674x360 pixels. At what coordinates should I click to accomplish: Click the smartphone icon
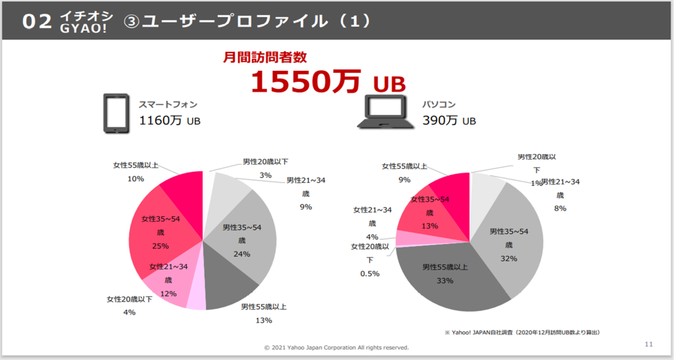click(x=117, y=113)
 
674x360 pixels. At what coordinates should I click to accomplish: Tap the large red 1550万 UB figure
click(x=327, y=82)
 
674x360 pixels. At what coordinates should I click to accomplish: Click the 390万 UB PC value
click(x=449, y=121)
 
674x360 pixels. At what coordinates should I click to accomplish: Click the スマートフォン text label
click(x=168, y=104)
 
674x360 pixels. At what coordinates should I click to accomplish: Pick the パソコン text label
click(x=439, y=104)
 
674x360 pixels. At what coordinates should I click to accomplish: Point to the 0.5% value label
click(x=370, y=274)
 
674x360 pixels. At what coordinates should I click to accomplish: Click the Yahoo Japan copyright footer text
click(x=336, y=347)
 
